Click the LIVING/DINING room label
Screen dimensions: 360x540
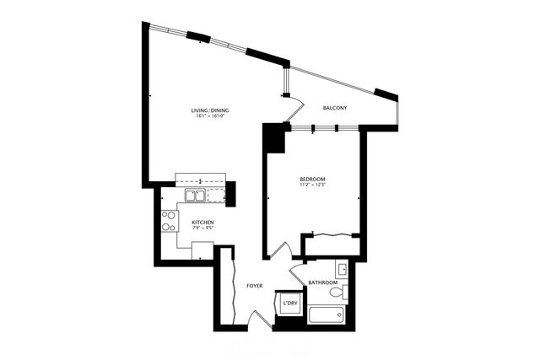tap(210, 110)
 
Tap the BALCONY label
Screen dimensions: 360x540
tap(336, 109)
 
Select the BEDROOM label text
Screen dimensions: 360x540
tap(312, 180)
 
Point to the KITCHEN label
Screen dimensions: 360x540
tap(191, 223)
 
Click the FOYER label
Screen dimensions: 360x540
tap(254, 286)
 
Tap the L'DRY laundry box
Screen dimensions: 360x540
tap(289, 303)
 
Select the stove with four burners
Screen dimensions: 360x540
tap(169, 221)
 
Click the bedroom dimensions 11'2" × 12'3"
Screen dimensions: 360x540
tap(312, 185)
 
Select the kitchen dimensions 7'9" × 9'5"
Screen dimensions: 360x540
tap(191, 228)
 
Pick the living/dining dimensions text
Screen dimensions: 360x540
tap(210, 116)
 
